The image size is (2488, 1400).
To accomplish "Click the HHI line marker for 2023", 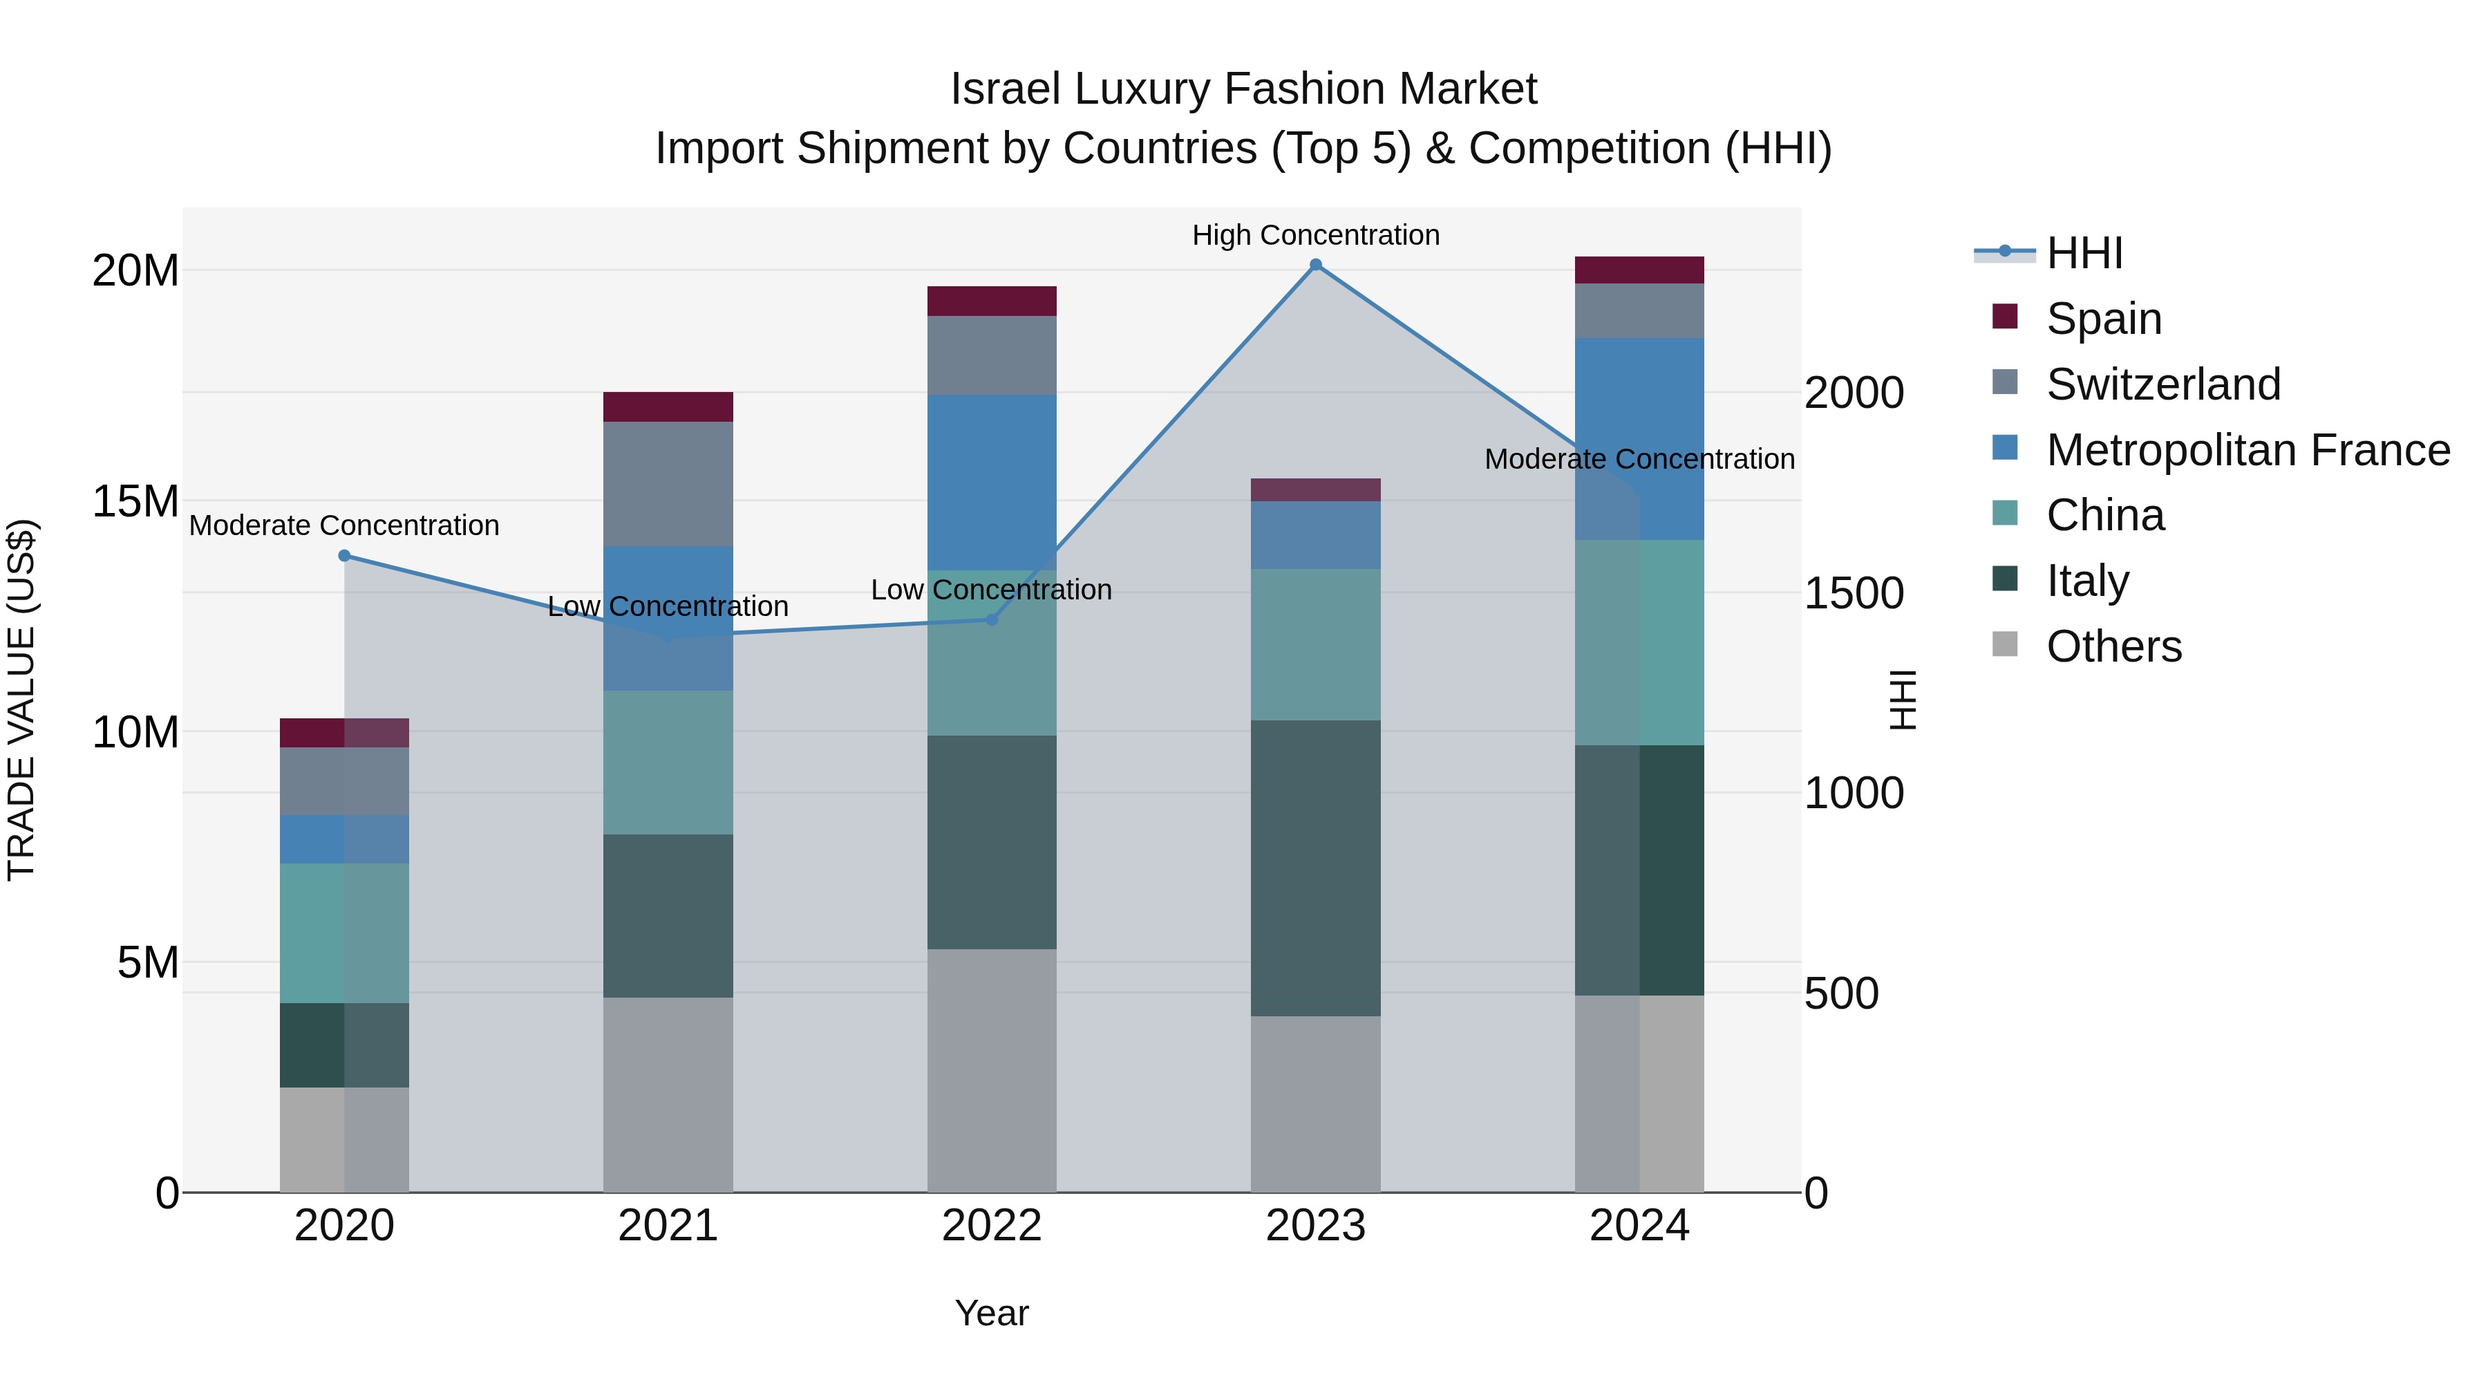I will [x=1315, y=265].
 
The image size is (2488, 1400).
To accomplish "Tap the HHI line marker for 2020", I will [x=345, y=556].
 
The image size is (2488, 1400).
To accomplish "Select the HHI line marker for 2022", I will [x=992, y=619].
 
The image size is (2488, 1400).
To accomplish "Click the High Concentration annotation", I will [x=1315, y=235].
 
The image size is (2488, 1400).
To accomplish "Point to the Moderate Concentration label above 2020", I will [x=345, y=525].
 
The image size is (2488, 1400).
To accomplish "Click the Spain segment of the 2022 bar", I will [x=992, y=301].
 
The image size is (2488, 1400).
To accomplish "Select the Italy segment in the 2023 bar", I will [x=1315, y=868].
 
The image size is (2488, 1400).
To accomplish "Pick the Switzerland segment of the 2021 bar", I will [x=668, y=483].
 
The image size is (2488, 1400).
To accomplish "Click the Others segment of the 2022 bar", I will [x=992, y=1070].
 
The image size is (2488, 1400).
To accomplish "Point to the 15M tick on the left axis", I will [x=135, y=501].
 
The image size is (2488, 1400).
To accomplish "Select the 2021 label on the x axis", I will [x=668, y=1226].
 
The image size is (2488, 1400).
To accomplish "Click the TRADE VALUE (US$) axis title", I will [x=21, y=700].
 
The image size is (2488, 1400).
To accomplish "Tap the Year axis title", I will [x=992, y=1313].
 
